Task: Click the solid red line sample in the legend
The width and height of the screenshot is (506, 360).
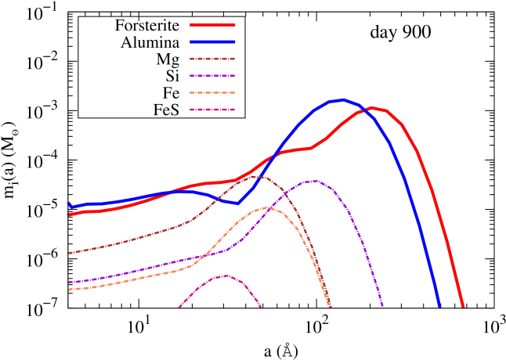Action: point(212,24)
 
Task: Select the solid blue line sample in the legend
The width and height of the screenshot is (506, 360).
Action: point(212,41)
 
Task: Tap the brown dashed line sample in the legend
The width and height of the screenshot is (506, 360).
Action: point(212,59)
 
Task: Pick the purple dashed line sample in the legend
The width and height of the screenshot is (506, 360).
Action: point(212,76)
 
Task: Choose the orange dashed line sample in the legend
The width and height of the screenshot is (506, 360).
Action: point(212,92)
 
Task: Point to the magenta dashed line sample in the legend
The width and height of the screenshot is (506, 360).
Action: point(212,110)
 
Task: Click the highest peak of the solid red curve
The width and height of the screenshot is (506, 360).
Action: point(373,107)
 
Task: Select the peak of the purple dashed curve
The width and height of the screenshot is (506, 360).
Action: point(313,180)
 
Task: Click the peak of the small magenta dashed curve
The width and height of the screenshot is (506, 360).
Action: point(226,275)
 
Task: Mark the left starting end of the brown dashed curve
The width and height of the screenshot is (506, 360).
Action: point(70,253)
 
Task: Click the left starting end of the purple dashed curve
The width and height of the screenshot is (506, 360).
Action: point(70,282)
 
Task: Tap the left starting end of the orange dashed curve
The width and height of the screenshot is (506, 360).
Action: point(70,290)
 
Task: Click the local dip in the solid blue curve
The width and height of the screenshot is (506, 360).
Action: point(237,203)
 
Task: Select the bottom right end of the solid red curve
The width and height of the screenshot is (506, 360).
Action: point(463,306)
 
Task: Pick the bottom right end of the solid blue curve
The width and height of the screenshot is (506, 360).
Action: point(439,306)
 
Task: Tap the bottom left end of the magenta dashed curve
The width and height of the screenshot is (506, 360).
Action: point(179,307)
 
